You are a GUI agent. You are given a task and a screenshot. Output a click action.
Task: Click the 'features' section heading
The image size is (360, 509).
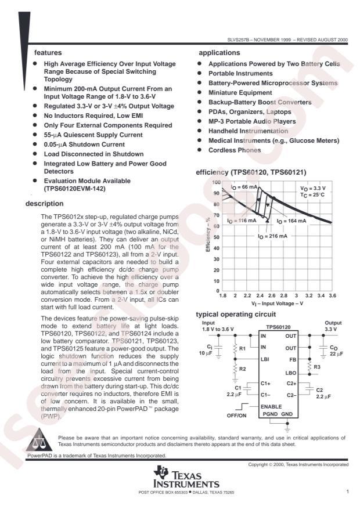(47, 52)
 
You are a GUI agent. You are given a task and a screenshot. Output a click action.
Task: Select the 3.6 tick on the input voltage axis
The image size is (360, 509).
(332, 295)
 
